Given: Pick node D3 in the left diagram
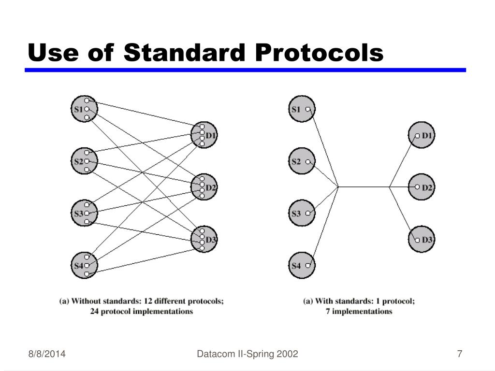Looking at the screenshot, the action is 204,240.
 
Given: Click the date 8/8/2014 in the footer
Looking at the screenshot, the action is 46,355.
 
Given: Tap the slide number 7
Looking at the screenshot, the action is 460,355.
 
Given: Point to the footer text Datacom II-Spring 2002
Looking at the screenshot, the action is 247,355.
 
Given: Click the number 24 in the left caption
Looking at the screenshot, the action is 95,312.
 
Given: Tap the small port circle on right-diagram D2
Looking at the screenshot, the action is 417,187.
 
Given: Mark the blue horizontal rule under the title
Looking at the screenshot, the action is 246,70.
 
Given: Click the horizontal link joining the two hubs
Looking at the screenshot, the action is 364,186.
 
